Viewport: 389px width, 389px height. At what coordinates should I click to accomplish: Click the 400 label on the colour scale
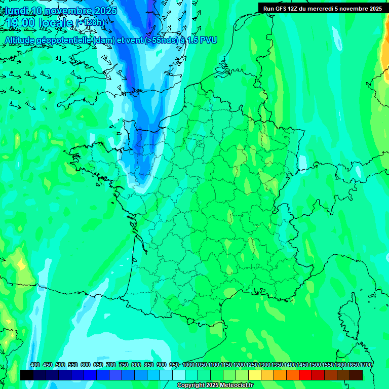pos(35,365)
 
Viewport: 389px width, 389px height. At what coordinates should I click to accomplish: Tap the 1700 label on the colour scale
pos(366,365)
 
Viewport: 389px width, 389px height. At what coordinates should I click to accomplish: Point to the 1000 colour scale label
pos(188,365)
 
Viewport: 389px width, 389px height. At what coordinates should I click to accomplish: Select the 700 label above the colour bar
pos(111,365)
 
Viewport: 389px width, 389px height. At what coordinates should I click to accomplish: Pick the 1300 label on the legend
pos(264,365)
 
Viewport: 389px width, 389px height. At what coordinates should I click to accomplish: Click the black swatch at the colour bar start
pos(27,375)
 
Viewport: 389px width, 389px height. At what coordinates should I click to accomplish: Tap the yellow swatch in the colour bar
pos(255,375)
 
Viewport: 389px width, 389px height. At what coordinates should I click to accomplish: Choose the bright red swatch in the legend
pos(305,375)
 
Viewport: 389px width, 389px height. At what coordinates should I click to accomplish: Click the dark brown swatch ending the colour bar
pos(356,375)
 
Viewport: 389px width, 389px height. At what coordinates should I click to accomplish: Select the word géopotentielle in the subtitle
pos(65,40)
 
